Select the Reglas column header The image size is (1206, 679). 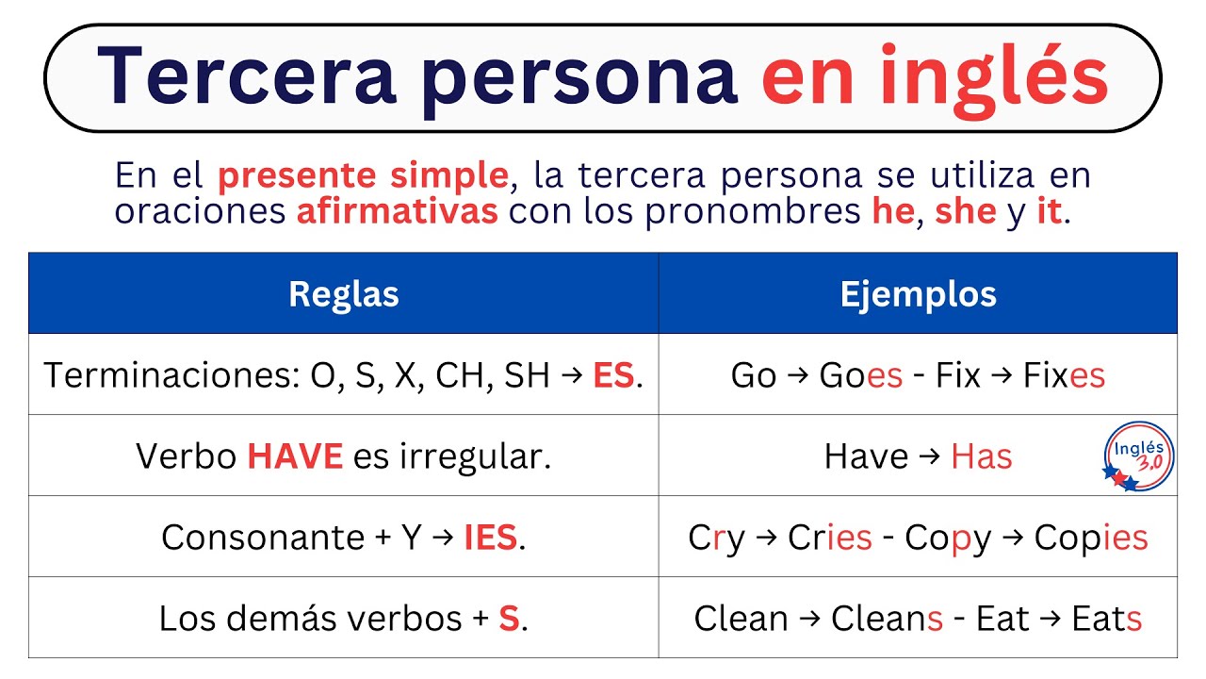pos(343,294)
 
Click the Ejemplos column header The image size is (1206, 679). pos(918,294)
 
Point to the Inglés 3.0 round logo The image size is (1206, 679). pos(1138,456)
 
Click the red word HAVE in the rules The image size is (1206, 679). pos(295,456)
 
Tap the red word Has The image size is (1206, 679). pos(982,456)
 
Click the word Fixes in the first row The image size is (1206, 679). pos(1064,375)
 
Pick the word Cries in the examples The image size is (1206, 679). pos(829,538)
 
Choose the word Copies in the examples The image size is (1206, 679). pos(1091,538)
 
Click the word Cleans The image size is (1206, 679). pos(887,619)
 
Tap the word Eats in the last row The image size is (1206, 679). pos(1107,619)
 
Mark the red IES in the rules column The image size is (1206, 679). pos(491,538)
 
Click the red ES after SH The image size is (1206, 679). pos(613,375)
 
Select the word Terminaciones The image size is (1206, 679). pos(171,375)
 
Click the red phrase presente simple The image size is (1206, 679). pos(363,175)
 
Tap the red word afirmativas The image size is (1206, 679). pos(397,211)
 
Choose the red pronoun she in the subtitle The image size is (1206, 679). pos(965,211)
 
